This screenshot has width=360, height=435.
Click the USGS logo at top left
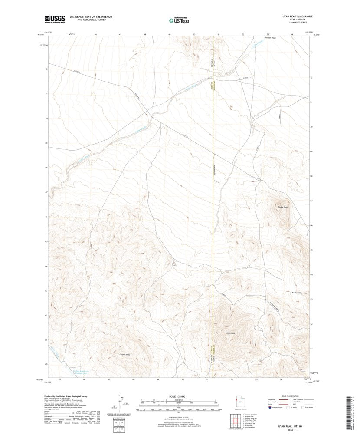55,19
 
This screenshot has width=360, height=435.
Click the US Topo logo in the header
179,20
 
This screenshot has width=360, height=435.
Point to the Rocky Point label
283,208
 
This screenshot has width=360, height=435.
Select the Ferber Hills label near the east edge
297,293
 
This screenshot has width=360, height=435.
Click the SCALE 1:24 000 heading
179,397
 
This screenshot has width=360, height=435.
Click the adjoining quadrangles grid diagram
236,419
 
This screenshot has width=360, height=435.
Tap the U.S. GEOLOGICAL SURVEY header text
88,20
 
